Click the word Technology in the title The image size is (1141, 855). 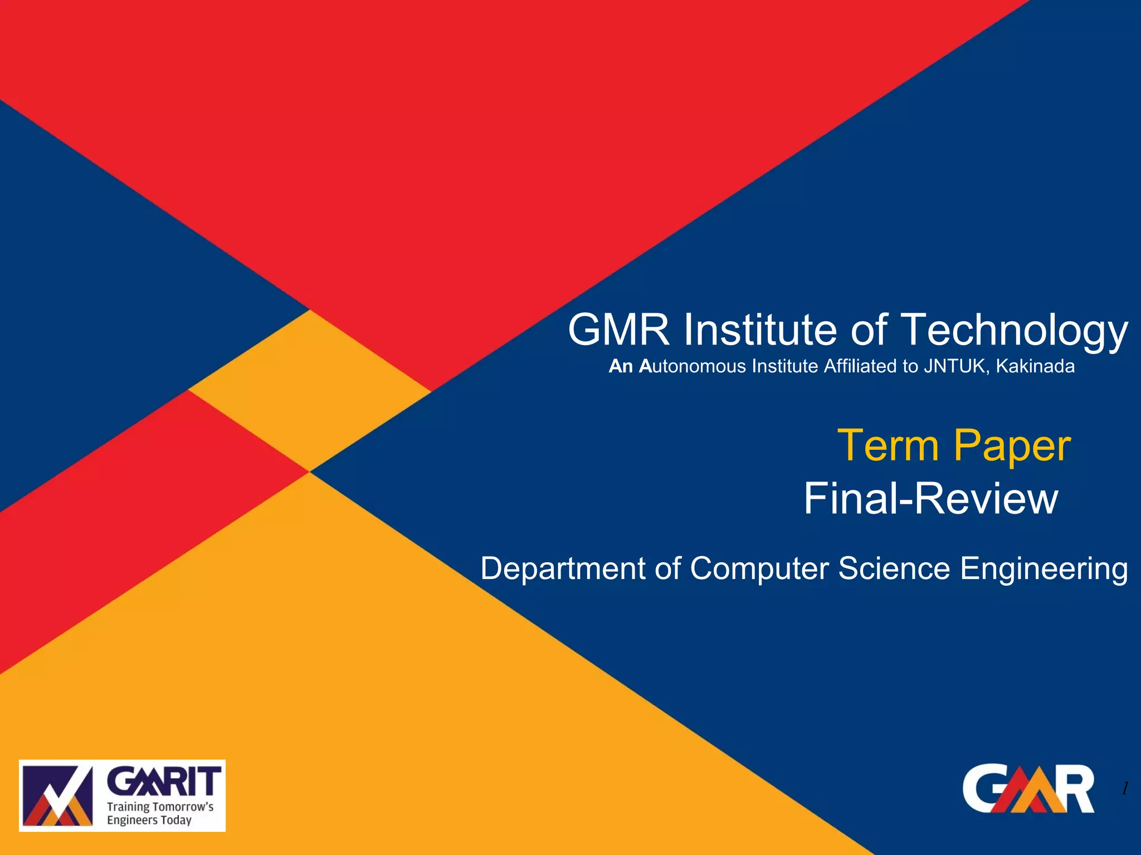click(1014, 330)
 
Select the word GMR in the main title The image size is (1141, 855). click(618, 330)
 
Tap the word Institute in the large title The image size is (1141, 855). click(760, 330)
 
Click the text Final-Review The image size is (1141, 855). click(930, 499)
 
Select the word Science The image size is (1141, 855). click(894, 569)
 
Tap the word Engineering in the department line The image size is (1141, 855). click(1044, 569)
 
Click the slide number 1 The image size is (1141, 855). click(1125, 788)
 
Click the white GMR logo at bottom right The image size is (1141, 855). click(1028, 789)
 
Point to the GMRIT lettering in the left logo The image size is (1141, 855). click(164, 782)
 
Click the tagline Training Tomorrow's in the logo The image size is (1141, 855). click(160, 807)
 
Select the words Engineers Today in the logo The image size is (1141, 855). click(149, 820)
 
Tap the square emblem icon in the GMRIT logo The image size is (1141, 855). click(57, 795)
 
